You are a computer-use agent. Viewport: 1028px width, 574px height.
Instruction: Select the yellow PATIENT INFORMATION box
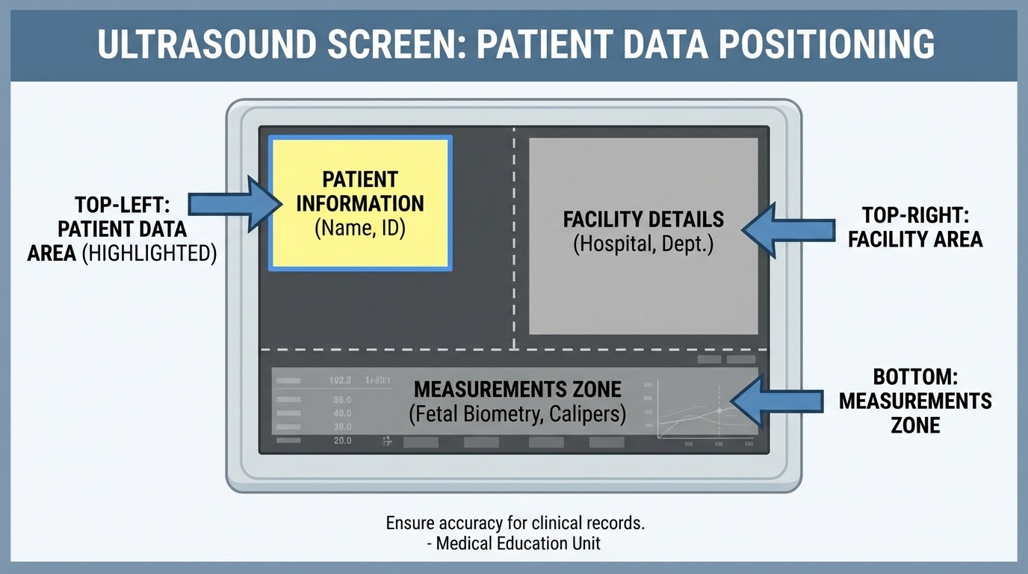(360, 203)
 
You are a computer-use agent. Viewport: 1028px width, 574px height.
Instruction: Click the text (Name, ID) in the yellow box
(360, 228)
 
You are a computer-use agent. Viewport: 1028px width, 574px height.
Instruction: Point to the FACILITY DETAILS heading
(643, 219)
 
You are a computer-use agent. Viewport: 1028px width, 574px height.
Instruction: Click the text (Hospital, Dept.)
(643, 244)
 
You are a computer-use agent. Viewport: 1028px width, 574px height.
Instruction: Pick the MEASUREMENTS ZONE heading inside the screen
(517, 389)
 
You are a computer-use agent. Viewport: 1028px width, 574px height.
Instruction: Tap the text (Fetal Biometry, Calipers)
(517, 414)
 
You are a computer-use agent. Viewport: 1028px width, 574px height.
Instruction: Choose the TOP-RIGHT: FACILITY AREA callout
(915, 227)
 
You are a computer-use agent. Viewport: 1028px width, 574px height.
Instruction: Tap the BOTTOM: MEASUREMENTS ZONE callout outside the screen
(915, 401)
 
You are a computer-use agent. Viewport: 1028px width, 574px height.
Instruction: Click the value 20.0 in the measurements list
(341, 441)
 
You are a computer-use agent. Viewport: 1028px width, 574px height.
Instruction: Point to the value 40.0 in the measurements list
(341, 413)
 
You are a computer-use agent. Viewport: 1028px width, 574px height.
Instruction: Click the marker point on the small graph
(719, 410)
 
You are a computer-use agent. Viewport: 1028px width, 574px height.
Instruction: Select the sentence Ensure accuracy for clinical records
(515, 523)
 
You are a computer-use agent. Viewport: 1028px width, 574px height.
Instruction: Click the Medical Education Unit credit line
(515, 543)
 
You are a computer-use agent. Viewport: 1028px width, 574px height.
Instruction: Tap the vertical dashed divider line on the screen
(514, 239)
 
